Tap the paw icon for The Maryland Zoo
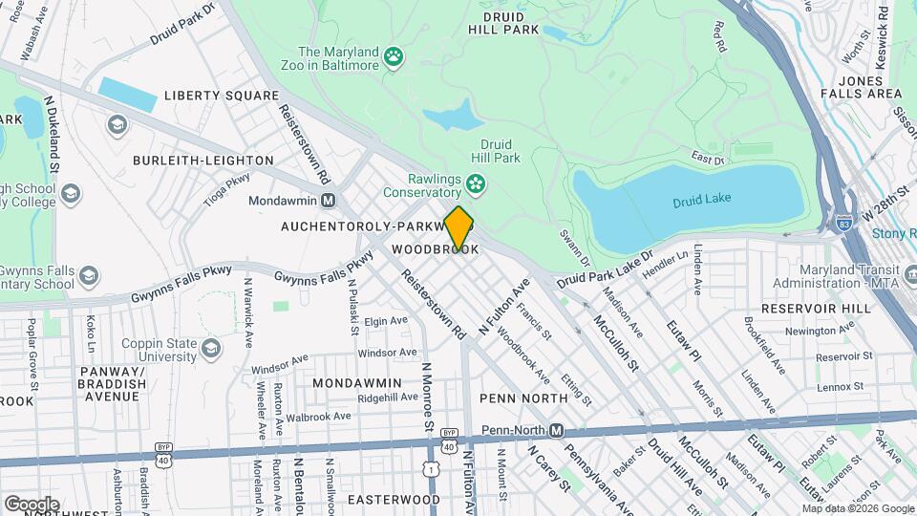pos(394,59)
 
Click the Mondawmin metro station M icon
pos(328,202)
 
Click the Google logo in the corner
pos(32,504)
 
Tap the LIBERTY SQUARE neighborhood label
pos(222,96)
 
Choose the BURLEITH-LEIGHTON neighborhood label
pos(203,161)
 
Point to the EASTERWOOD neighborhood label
pos(394,500)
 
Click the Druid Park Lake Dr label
pos(604,269)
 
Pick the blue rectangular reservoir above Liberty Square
pos(127,94)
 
